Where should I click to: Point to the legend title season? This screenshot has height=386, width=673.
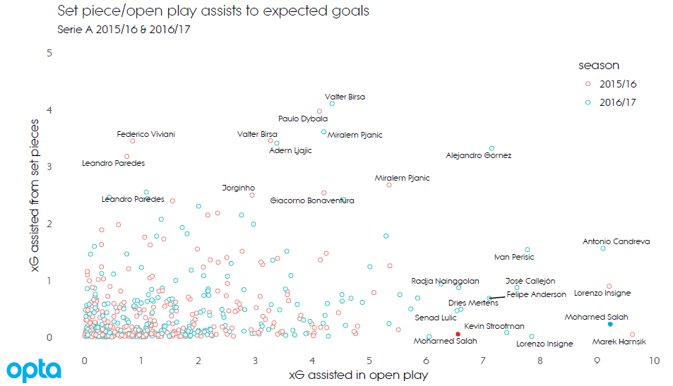tap(599, 66)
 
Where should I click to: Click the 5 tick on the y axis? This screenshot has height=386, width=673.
tap(49, 53)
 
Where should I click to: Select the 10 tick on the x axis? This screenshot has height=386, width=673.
tap(654, 360)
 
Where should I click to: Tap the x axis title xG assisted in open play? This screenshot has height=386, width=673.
tap(358, 375)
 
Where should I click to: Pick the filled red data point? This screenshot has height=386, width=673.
tap(458, 334)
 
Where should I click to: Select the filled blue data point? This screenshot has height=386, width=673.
tap(610, 324)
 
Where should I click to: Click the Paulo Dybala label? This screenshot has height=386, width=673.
tap(303, 119)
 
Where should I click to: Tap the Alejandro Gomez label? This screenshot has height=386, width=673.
tap(479, 155)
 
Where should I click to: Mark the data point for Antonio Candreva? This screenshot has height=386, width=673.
tap(603, 248)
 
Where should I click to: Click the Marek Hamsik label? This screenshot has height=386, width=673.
tap(619, 342)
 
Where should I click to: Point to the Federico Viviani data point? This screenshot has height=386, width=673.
tap(133, 141)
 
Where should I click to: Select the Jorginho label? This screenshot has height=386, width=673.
tap(239, 188)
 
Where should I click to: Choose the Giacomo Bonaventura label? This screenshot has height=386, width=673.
tap(312, 200)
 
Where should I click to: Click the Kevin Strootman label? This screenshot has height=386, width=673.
tap(494, 326)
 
